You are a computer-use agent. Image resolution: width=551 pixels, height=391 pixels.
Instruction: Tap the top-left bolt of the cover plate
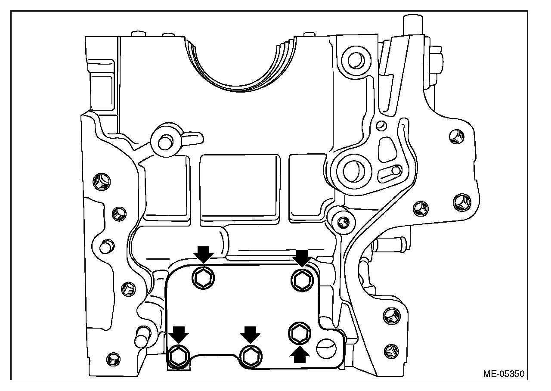202,281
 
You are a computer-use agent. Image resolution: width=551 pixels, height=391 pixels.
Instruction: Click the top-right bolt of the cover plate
301,281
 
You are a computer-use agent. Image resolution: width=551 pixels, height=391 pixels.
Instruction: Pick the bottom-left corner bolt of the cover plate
178,355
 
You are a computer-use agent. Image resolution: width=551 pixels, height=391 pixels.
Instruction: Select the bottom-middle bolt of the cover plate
251,355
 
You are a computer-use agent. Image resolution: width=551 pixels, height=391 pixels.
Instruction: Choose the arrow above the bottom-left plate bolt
179,333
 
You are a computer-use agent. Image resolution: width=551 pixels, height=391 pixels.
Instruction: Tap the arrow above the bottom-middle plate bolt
251,333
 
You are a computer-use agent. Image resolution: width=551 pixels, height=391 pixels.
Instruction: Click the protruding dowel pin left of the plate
141,336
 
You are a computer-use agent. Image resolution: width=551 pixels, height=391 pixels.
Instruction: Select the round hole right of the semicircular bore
354,60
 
